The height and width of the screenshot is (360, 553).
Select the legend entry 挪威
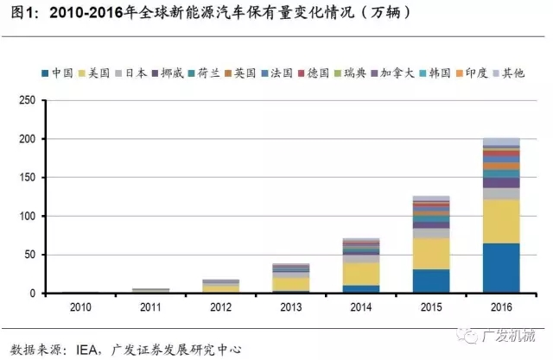(x=171, y=73)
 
